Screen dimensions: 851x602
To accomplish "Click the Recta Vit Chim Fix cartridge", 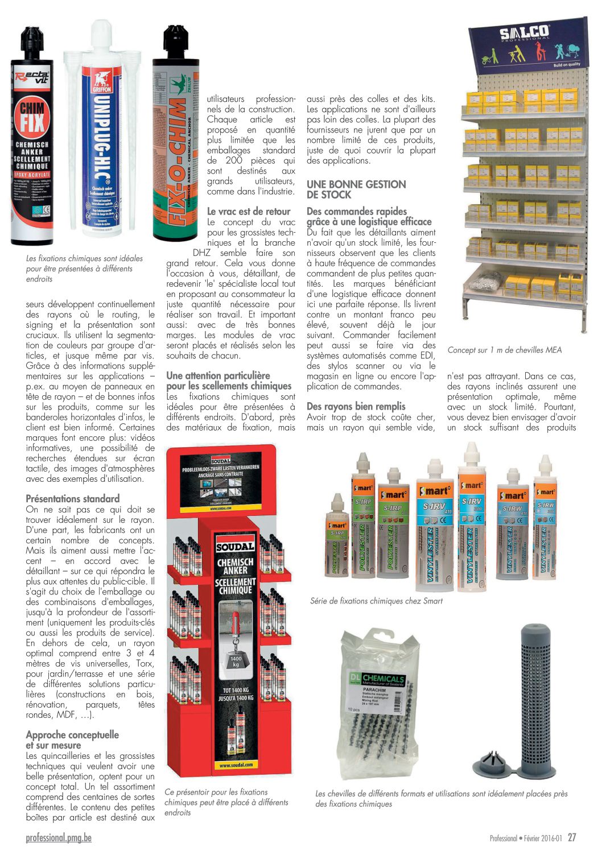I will pos(32,142).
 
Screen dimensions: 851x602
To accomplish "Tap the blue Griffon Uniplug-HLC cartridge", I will pos(102,142).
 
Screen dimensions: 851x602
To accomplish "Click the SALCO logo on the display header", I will pos(524,32).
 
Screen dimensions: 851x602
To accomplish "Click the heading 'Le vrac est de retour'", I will pos(249,212).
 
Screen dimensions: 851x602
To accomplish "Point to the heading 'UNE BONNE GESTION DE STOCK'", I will pos(356,189).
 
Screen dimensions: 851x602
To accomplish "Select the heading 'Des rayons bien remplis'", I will pos(356,406).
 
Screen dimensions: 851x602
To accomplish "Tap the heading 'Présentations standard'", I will pos(73,499).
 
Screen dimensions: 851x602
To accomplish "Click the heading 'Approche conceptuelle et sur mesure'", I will pos(72,740).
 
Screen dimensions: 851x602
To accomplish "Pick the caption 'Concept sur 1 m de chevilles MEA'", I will pos(504,350).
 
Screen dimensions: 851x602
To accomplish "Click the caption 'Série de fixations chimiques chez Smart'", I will pos(376,601).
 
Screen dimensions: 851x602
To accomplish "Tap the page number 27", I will pos(572,837).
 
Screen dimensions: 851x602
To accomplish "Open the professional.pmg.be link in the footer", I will pos(59,837).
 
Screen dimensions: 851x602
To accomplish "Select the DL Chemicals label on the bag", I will pos(376,679).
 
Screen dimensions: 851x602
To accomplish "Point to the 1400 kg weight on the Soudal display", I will pos(236,661).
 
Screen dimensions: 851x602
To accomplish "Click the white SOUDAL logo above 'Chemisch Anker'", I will pos(236,547).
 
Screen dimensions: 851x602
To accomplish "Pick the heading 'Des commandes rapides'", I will pos(357,212).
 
